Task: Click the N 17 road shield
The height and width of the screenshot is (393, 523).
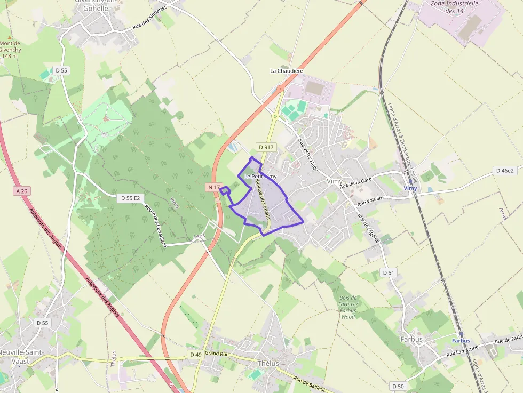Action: [x=213, y=187]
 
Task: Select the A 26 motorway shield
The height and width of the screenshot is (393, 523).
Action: [x=21, y=190]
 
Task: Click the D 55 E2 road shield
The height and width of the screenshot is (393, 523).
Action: [x=131, y=198]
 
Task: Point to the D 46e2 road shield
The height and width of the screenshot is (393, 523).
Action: [x=504, y=171]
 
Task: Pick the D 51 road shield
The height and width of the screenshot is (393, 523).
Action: [x=389, y=272]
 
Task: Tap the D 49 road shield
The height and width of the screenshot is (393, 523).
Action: [x=195, y=354]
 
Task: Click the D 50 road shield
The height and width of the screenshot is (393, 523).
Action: [x=398, y=386]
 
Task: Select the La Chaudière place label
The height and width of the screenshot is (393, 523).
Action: [x=287, y=70]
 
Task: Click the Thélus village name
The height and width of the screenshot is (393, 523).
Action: [x=268, y=363]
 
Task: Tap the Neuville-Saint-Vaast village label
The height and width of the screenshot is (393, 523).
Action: [x=21, y=357]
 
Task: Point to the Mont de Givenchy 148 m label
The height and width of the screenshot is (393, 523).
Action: [x=10, y=50]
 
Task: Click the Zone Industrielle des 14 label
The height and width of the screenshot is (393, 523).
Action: [x=454, y=6]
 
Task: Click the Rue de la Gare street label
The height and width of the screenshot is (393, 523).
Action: [x=355, y=184]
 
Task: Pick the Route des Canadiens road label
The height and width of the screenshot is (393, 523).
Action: [x=156, y=226]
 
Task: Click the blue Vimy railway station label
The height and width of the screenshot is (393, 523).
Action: [x=410, y=188]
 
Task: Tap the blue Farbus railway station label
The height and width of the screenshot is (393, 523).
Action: [x=461, y=340]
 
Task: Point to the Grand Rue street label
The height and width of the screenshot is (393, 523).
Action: [x=217, y=353]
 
